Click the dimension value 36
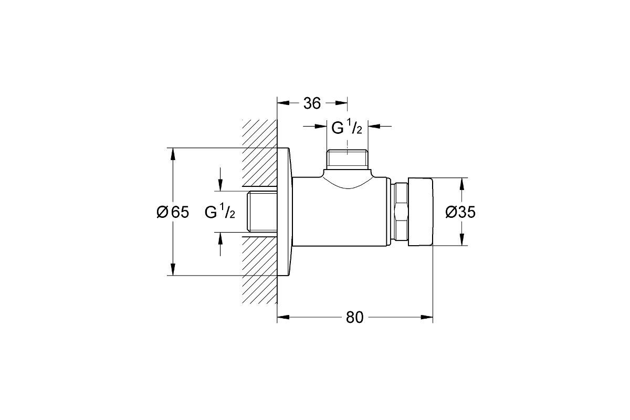(312, 103)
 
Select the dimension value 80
(355, 317)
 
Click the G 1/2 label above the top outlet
(346, 128)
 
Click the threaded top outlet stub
(347, 159)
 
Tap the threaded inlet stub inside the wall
(262, 212)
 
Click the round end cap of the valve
(420, 212)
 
